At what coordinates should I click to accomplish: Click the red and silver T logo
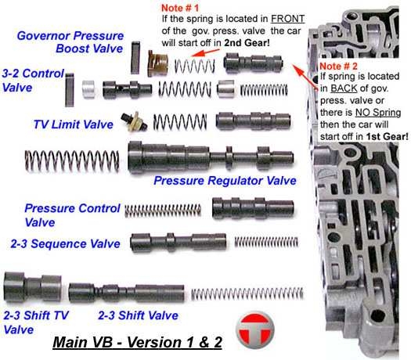pyautogui.click(x=254, y=330)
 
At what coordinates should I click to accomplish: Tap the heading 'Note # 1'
pyautogui.click(x=180, y=8)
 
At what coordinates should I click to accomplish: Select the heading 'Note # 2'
pyautogui.click(x=338, y=66)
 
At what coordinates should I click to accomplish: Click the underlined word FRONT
pyautogui.click(x=287, y=19)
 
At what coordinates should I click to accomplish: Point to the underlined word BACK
pyautogui.click(x=344, y=88)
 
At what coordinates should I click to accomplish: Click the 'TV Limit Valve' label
pyautogui.click(x=73, y=124)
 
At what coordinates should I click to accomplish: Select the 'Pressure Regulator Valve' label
pyautogui.click(x=225, y=181)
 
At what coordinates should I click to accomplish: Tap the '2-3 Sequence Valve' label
pyautogui.click(x=65, y=243)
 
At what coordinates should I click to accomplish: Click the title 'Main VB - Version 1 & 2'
pyautogui.click(x=137, y=342)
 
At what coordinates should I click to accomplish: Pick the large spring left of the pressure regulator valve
pyautogui.click(x=72, y=161)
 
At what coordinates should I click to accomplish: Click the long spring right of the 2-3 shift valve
pyautogui.click(x=247, y=293)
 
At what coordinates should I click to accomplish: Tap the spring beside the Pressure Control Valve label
pyautogui.click(x=163, y=211)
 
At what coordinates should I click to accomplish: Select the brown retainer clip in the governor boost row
pyautogui.click(x=157, y=63)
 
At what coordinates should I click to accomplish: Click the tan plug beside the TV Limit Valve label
pyautogui.click(x=134, y=121)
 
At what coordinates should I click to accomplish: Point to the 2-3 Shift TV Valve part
pyautogui.click(x=33, y=287)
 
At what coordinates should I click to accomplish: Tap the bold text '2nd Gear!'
pyautogui.click(x=247, y=43)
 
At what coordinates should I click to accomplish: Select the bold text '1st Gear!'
pyautogui.click(x=388, y=136)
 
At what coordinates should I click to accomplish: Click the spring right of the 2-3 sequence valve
pyautogui.click(x=266, y=242)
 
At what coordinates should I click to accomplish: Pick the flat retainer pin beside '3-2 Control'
pyautogui.click(x=70, y=90)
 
